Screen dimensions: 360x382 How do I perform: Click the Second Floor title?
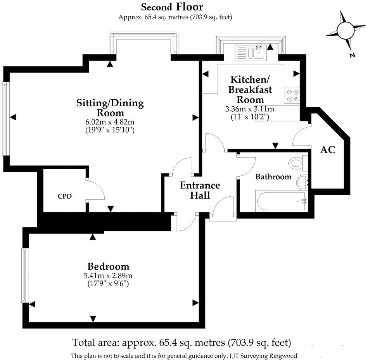coord(172,7)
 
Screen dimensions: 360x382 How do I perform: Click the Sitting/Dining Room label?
coord(110,108)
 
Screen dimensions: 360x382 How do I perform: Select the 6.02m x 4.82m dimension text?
coord(110,122)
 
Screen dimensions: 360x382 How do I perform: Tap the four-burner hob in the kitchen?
coord(292,96)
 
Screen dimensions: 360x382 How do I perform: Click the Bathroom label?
coord(273,177)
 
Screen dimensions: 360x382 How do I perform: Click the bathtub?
coord(281,201)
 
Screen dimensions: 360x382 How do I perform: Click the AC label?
coord(327,150)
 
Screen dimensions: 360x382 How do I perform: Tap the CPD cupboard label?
coord(64,196)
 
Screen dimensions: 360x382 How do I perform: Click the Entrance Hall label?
coord(200,190)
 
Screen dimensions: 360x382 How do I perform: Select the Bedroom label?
coord(108,267)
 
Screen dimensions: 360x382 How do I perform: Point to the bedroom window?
coord(25,275)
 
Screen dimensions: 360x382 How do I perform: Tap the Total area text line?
coord(181,343)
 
